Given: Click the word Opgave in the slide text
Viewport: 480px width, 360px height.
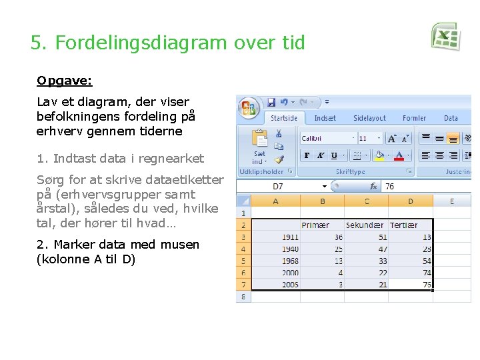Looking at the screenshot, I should coord(64,81).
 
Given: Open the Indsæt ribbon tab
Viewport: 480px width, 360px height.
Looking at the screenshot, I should coord(325,118).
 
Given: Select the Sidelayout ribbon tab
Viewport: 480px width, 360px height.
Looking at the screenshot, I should coord(369,118).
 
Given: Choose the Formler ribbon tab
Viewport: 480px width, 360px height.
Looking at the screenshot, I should coord(414,118).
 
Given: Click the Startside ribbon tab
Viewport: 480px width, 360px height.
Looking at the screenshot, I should coord(284,118).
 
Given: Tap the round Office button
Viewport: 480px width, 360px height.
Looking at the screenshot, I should coord(249,107).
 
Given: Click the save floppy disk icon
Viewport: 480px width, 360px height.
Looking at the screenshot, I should coord(271,103).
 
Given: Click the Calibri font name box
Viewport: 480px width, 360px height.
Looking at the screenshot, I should coord(327,138).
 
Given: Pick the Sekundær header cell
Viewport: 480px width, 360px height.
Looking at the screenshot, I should coord(366,225).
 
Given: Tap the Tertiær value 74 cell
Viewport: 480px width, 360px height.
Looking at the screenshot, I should coord(412,273).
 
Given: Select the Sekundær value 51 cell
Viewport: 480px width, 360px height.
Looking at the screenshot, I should coord(366,237).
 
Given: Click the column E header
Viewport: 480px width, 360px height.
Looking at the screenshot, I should coord(452,201).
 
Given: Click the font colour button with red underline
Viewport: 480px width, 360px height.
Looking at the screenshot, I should coord(399,155).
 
